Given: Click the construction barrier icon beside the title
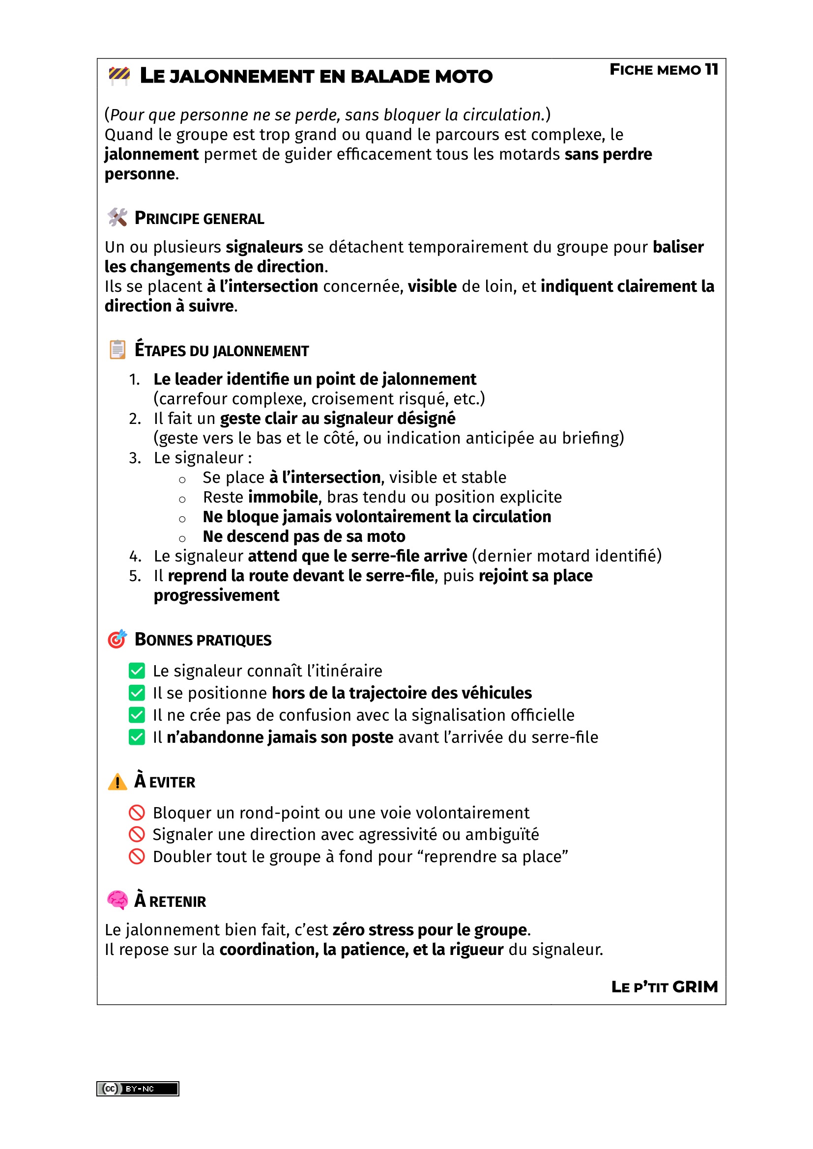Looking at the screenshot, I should point(119,76).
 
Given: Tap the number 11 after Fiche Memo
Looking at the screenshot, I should point(711,69).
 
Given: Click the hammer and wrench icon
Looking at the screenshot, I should point(117,217).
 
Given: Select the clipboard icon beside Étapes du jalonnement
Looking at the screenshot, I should point(117,349).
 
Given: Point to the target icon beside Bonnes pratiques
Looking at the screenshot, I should point(117,639).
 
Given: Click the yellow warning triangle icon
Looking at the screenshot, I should point(117,781).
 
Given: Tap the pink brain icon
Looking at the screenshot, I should point(117,900).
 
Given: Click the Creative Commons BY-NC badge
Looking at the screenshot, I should point(138,1089).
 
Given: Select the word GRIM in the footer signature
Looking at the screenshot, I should point(695,987).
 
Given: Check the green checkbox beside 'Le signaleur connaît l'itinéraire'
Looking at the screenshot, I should point(137,671).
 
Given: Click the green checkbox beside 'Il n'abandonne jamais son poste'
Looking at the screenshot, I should point(137,737).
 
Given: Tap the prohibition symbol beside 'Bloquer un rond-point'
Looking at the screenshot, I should point(137,813).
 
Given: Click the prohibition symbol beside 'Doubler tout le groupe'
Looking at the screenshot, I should point(137,857).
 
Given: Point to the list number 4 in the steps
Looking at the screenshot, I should point(135,556).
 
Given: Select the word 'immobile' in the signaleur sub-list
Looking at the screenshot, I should point(283,497).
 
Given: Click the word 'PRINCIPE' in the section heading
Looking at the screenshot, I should point(167,218).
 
